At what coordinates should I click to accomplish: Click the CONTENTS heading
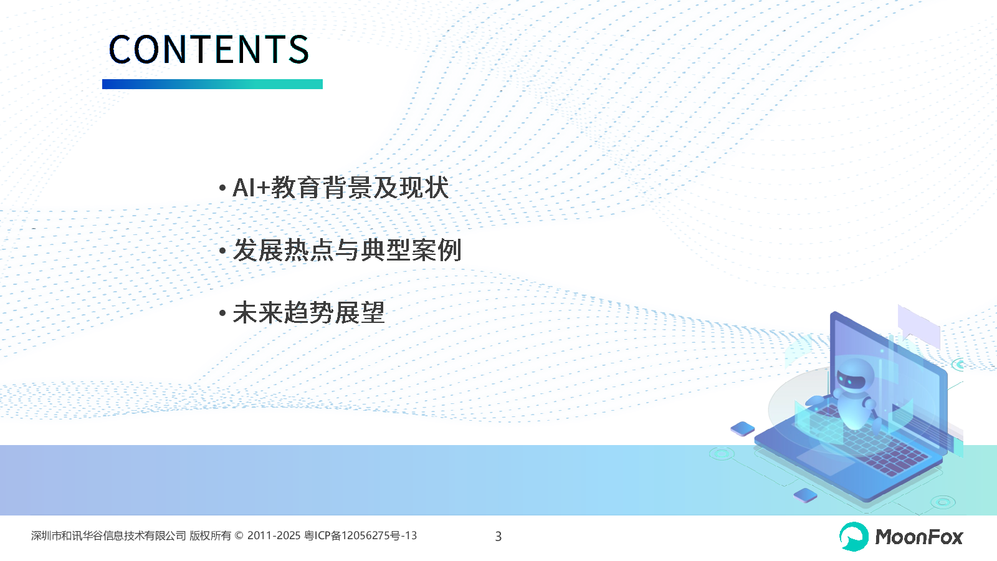click(209, 49)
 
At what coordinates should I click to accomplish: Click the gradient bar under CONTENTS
click(212, 84)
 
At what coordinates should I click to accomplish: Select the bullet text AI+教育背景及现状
click(340, 188)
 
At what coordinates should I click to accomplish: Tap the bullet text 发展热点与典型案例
click(346, 250)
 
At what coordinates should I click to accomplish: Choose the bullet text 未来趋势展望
click(308, 312)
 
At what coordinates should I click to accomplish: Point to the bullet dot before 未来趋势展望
click(222, 313)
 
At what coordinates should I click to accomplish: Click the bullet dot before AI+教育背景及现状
click(222, 188)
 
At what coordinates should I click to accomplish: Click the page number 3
click(499, 537)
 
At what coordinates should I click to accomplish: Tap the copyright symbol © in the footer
click(239, 535)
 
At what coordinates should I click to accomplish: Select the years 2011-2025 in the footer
click(274, 535)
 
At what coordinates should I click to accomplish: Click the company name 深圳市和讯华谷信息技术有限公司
click(108, 535)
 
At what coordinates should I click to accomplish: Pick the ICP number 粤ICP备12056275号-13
click(361, 535)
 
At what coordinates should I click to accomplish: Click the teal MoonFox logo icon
click(854, 537)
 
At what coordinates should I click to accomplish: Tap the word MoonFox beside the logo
click(919, 537)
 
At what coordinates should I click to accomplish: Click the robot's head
click(853, 376)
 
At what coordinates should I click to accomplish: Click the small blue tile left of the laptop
click(742, 429)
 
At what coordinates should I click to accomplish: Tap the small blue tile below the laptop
click(805, 495)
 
